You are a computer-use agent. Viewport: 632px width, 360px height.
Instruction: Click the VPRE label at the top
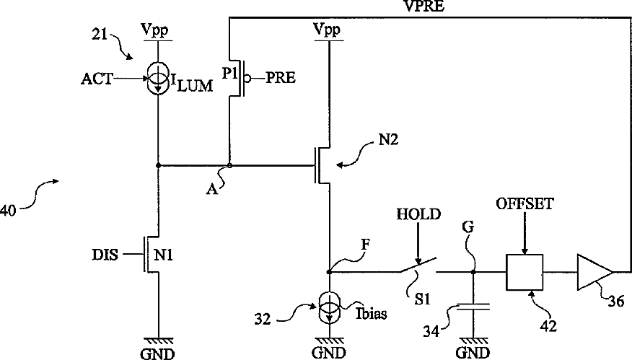coord(423,6)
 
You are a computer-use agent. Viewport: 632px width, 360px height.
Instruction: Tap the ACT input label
coord(97,79)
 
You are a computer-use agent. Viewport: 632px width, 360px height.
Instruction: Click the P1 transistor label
coord(229,74)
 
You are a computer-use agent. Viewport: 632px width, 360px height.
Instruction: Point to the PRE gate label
coord(281,77)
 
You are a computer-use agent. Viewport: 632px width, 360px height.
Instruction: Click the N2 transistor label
coord(388,139)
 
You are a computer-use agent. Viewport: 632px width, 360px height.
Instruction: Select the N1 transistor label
coord(163,255)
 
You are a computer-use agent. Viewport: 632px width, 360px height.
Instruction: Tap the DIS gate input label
coord(105,255)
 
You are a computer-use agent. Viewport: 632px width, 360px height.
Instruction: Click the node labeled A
coord(229,165)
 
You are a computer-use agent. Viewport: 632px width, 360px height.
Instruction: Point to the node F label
coord(366,245)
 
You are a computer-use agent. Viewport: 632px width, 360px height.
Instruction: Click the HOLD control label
coord(418,214)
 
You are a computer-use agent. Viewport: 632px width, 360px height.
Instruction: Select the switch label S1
coord(423,299)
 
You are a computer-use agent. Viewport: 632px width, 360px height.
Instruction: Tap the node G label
coord(468,227)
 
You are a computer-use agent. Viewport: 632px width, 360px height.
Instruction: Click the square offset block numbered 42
coord(525,272)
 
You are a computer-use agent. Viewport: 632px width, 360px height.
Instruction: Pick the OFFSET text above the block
coord(525,203)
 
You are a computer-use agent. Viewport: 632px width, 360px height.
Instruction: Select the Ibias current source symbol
coord(330,308)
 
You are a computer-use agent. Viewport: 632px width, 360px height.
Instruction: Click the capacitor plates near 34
coord(473,306)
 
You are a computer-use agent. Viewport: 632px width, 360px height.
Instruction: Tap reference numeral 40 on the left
coord(8,211)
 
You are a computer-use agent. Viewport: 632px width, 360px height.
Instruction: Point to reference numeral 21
coord(100,35)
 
